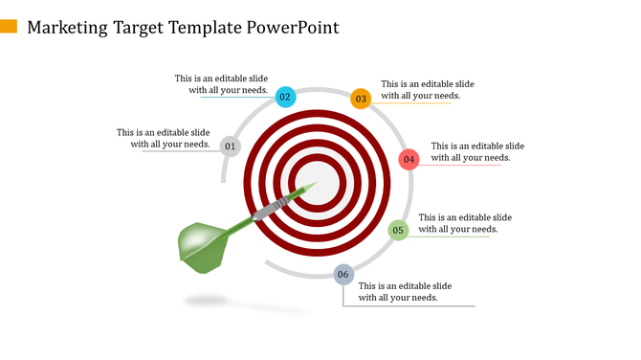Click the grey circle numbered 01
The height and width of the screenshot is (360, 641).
pyautogui.click(x=230, y=146)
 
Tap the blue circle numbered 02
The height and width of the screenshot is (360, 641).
pyautogui.click(x=285, y=97)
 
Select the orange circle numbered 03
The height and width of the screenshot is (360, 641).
pyautogui.click(x=361, y=98)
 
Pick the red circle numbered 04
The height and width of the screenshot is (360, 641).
pyautogui.click(x=409, y=159)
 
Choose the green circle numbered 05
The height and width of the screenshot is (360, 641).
pyautogui.click(x=398, y=230)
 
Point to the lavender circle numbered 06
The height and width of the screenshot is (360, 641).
pyautogui.click(x=343, y=275)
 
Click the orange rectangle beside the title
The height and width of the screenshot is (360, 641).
pyautogui.click(x=9, y=26)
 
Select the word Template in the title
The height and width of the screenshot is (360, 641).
pyautogui.click(x=199, y=27)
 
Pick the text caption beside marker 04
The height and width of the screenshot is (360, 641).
pyautogui.click(x=477, y=151)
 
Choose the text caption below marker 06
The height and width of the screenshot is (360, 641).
pyautogui.click(x=405, y=292)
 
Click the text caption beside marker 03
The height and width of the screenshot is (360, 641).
pyautogui.click(x=427, y=90)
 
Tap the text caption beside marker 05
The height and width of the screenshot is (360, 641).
pyautogui.click(x=465, y=223)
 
